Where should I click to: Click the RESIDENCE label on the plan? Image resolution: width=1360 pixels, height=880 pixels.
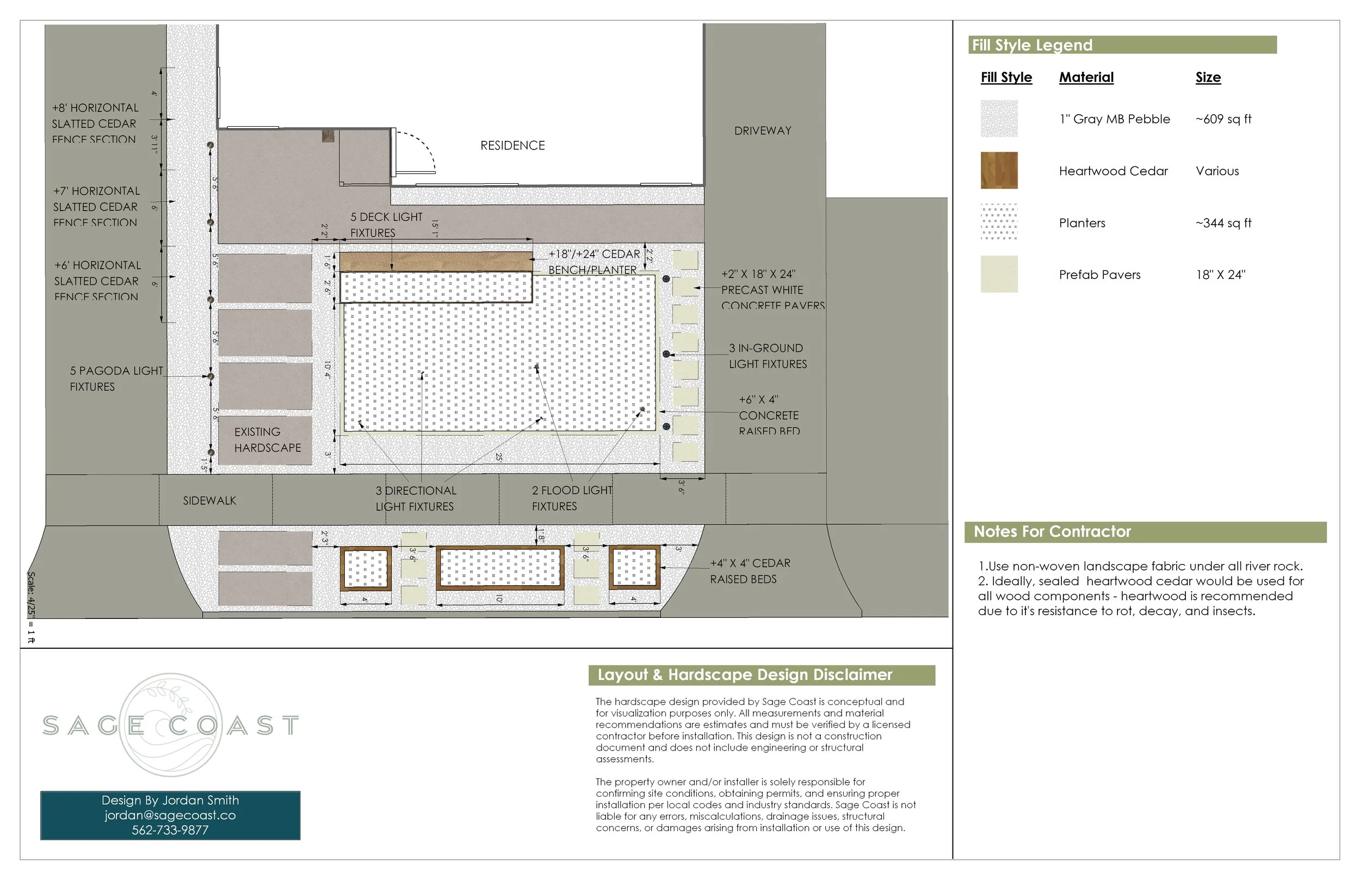[512, 145]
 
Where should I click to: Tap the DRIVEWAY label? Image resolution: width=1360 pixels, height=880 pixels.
[762, 131]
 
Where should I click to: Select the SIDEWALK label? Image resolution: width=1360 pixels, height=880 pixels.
[209, 500]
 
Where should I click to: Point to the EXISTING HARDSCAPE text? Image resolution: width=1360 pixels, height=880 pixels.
[267, 440]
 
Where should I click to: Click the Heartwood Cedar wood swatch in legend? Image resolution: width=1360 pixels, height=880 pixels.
[999, 170]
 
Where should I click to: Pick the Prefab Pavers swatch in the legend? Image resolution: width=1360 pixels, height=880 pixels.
[999, 274]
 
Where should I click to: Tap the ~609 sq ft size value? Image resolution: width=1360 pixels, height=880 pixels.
[1223, 119]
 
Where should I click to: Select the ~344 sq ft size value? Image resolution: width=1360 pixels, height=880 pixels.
[1223, 223]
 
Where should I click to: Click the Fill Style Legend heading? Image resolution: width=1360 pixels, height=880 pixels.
[1032, 45]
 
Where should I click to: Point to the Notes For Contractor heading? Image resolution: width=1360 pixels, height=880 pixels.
[1052, 531]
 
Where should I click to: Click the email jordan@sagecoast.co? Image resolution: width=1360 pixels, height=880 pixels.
[170, 815]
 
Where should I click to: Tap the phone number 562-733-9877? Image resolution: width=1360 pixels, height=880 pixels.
[170, 831]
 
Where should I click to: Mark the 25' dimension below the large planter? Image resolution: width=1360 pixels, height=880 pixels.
[498, 457]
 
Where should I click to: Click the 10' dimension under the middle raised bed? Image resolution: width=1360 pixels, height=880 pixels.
[499, 598]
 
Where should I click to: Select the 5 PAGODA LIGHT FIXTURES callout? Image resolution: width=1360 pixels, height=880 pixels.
[116, 379]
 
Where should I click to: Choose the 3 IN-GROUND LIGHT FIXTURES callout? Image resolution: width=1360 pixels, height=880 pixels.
[767, 356]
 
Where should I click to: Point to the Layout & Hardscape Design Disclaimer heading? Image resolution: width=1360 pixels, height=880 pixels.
[744, 675]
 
